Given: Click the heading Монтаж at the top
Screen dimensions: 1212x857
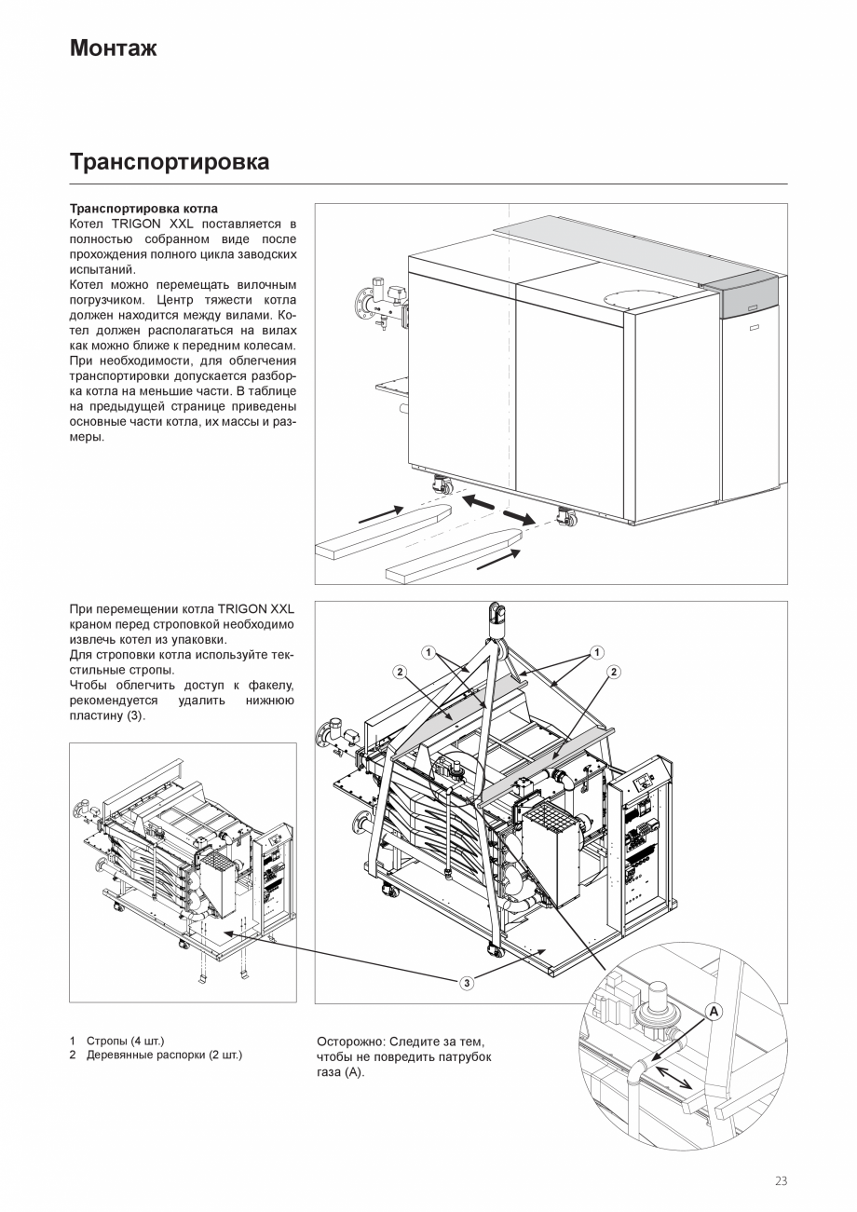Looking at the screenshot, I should [113, 48].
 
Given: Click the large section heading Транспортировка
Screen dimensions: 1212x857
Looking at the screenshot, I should [170, 162].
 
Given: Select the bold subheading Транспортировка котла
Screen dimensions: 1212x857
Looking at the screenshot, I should [143, 209].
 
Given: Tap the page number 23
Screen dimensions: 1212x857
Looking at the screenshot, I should [780, 1181].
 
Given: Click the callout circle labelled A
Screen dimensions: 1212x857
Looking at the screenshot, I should [714, 1011].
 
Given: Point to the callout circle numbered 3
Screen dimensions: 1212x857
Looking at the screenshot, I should [467, 982].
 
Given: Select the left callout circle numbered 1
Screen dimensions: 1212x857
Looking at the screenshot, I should [428, 652].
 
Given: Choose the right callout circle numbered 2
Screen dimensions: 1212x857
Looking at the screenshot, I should [614, 672].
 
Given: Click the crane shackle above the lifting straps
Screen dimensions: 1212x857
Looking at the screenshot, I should [496, 617].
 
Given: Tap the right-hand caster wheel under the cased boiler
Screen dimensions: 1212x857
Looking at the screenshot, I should [565, 517].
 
